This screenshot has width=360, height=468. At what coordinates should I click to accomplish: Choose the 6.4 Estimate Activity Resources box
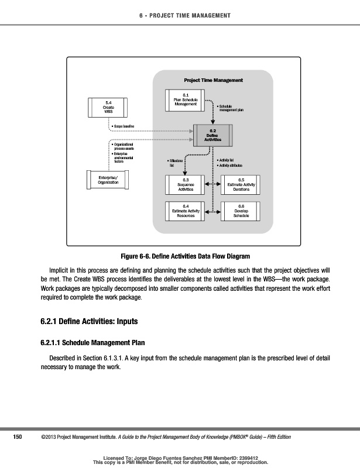coord(185,211)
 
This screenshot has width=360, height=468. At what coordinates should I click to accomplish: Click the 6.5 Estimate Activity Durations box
coord(241,185)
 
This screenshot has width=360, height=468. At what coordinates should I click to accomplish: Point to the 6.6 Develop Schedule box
coord(241,211)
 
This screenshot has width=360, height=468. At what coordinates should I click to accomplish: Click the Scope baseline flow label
coord(124,126)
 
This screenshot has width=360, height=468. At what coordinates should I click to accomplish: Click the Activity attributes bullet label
coord(232,166)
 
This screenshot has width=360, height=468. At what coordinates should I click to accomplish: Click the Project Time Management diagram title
coord(213,80)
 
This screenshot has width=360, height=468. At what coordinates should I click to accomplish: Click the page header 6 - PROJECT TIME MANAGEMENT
coord(180,15)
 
